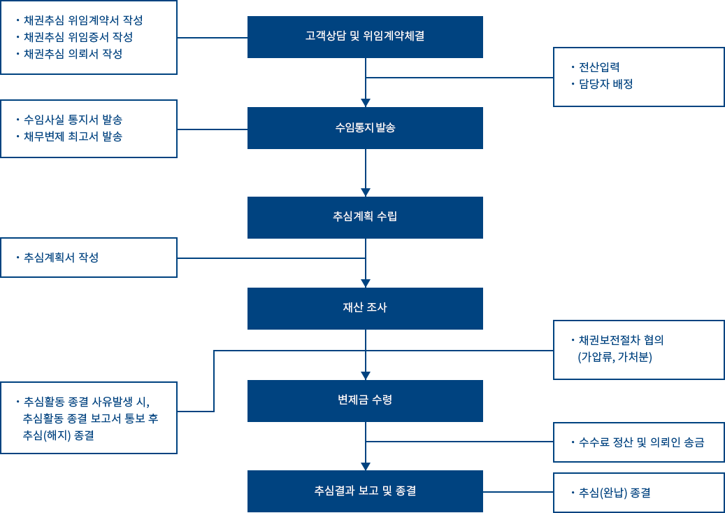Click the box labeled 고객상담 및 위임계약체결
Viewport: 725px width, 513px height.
click(364, 36)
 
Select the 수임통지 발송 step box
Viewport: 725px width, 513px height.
click(364, 127)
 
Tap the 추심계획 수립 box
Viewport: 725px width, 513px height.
click(364, 217)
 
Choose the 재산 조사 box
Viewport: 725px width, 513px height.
click(364, 308)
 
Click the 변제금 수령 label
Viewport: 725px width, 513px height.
click(364, 400)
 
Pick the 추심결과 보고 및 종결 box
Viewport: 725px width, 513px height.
click(364, 491)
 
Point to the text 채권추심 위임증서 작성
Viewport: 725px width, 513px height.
click(77, 36)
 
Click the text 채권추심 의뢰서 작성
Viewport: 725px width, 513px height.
click(77, 53)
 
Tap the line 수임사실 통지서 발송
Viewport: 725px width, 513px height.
click(72, 119)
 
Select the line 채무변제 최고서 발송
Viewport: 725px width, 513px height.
click(72, 136)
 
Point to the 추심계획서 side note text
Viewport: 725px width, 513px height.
click(55, 258)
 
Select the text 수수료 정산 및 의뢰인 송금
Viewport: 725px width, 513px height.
click(640, 442)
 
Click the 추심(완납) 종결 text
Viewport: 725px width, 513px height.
click(613, 493)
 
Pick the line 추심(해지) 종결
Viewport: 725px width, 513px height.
click(59, 435)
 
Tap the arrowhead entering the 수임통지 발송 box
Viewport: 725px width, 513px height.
click(365, 101)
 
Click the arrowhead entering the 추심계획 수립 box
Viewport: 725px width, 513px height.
click(365, 191)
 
